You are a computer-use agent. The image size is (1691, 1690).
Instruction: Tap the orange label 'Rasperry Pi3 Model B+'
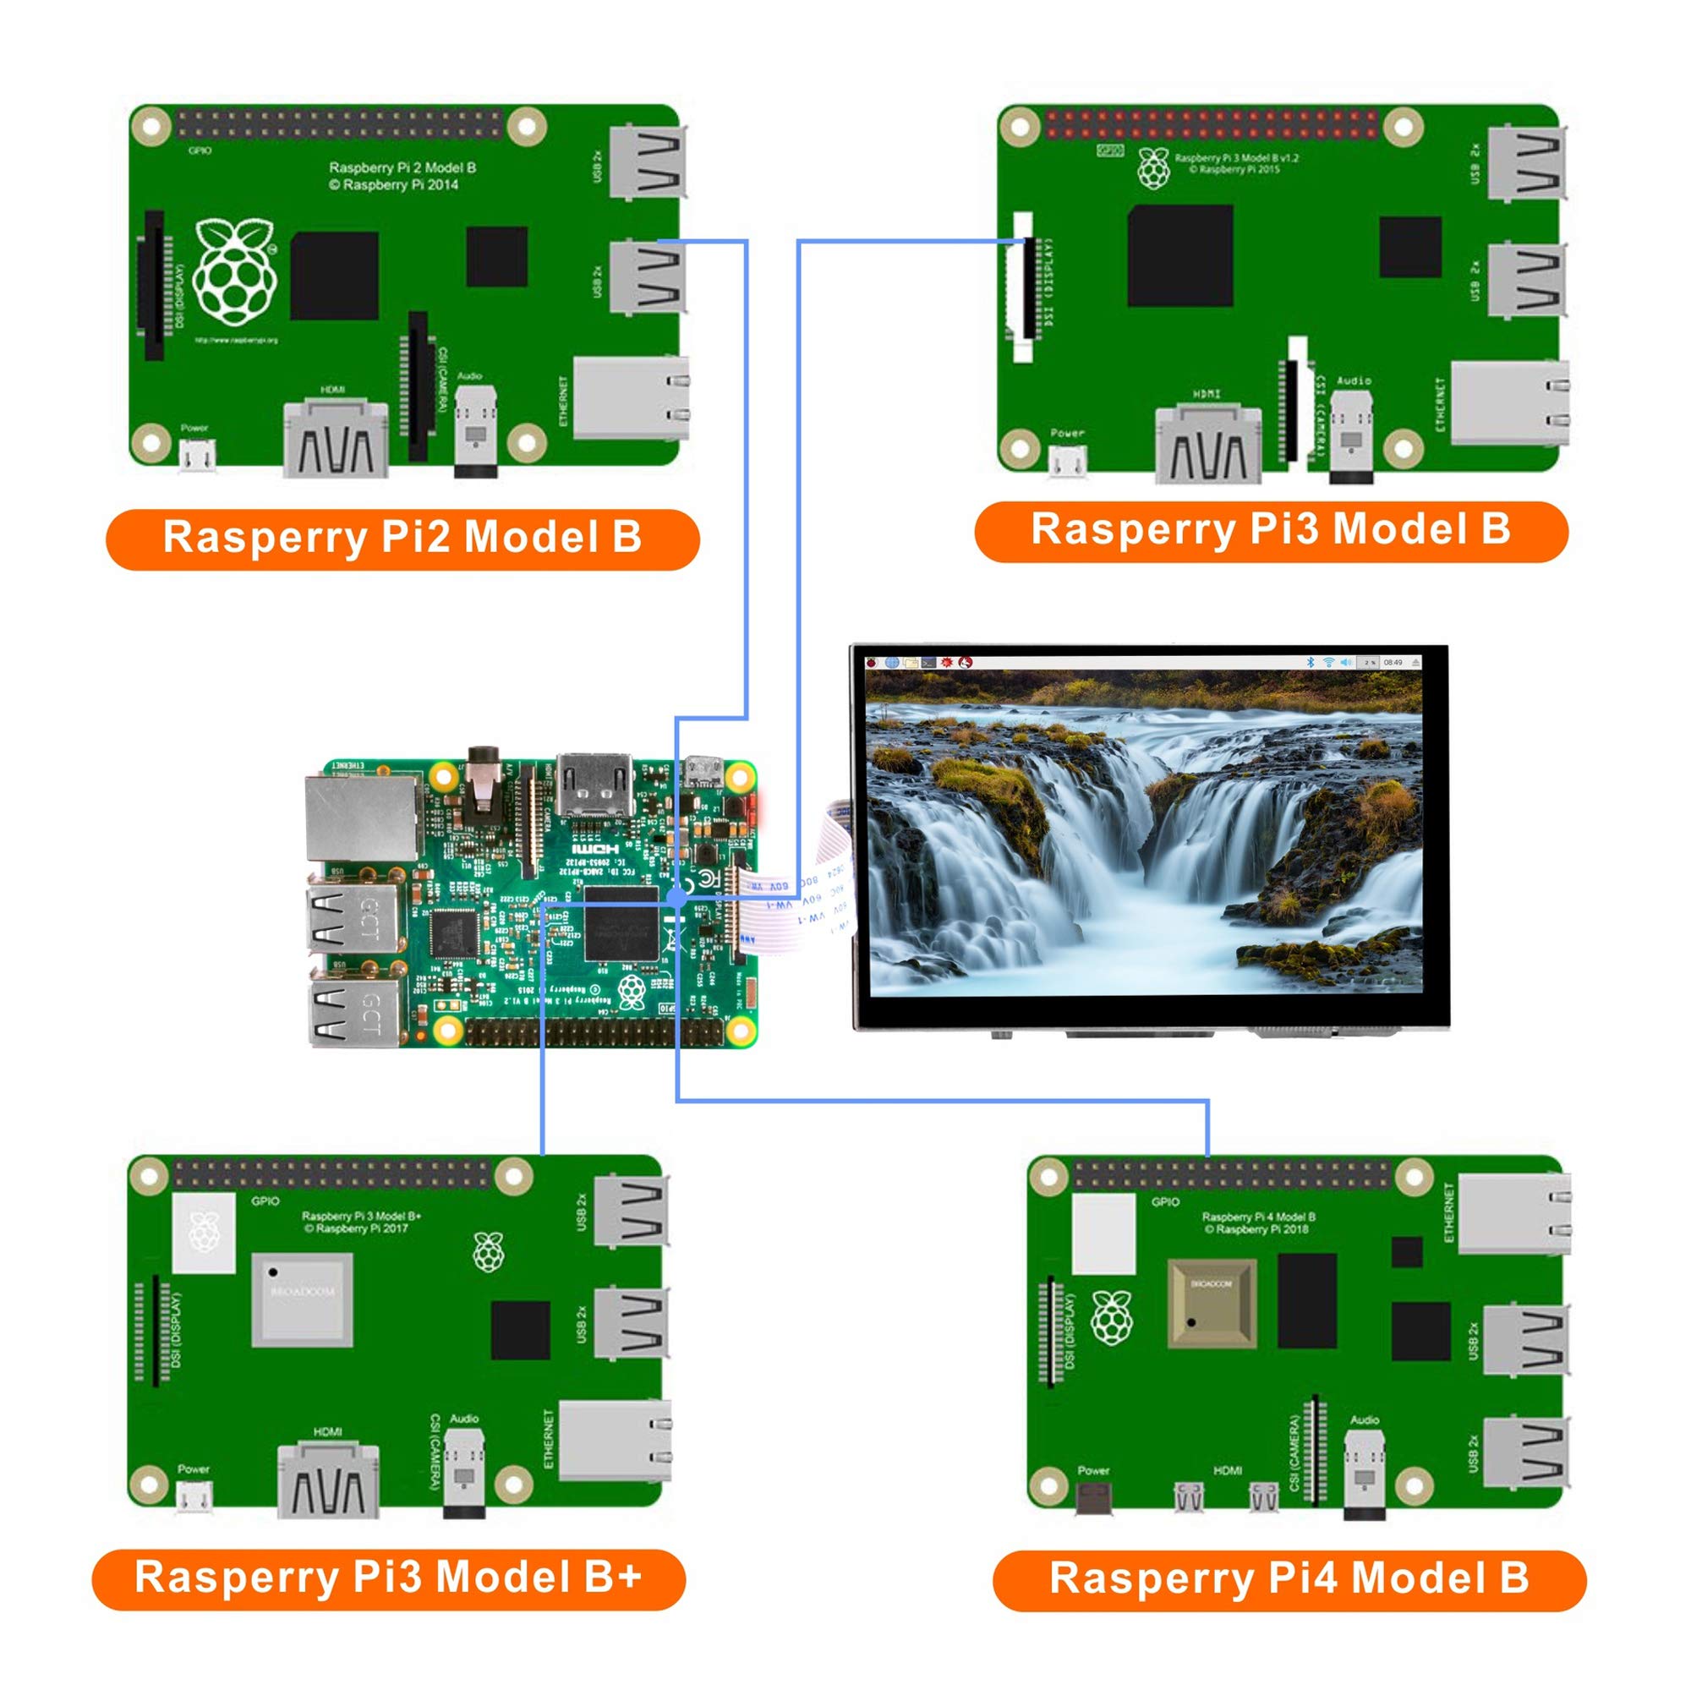click(x=389, y=1578)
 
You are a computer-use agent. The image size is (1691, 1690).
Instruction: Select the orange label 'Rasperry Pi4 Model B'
click(x=1289, y=1579)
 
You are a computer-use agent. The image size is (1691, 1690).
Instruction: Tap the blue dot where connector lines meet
click(x=676, y=897)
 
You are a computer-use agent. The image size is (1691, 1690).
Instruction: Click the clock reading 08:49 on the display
click(x=1393, y=663)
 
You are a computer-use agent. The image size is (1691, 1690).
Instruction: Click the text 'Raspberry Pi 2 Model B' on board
click(x=402, y=167)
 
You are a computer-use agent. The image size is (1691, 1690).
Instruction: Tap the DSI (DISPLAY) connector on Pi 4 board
click(x=1050, y=1333)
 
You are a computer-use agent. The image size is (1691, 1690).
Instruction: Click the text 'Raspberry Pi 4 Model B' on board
click(x=1258, y=1217)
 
